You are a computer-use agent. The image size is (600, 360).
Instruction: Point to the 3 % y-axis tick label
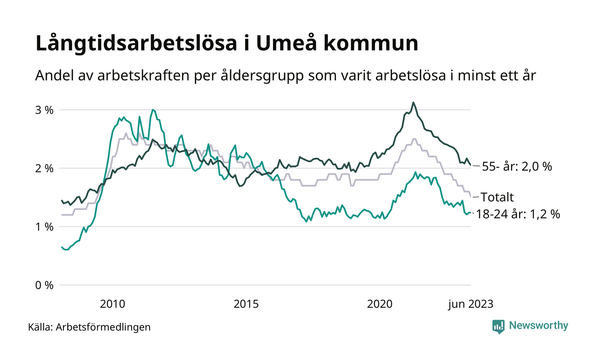pos(45,110)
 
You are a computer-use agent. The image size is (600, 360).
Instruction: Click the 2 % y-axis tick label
pos(45,168)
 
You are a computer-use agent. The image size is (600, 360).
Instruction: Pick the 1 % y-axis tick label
pos(45,227)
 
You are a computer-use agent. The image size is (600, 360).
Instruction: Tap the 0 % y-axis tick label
pos(45,285)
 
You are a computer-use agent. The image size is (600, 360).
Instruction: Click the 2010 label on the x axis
pos(113,304)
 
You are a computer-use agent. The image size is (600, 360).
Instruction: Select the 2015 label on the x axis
pos(246,304)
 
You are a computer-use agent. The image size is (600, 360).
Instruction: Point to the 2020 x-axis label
pos(380,304)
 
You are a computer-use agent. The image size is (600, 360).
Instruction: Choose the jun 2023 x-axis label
pos(471,304)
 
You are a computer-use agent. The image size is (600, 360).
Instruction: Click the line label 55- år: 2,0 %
pos(517,167)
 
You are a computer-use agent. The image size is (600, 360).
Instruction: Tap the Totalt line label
pos(497,197)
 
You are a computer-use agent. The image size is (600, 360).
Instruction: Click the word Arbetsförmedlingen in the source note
pos(103,327)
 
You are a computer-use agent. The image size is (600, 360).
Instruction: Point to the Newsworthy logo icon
pos(498,326)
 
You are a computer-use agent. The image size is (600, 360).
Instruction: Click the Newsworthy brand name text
pos(539,326)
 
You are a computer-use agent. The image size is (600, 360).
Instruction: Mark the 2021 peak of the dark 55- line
pos(413,102)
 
